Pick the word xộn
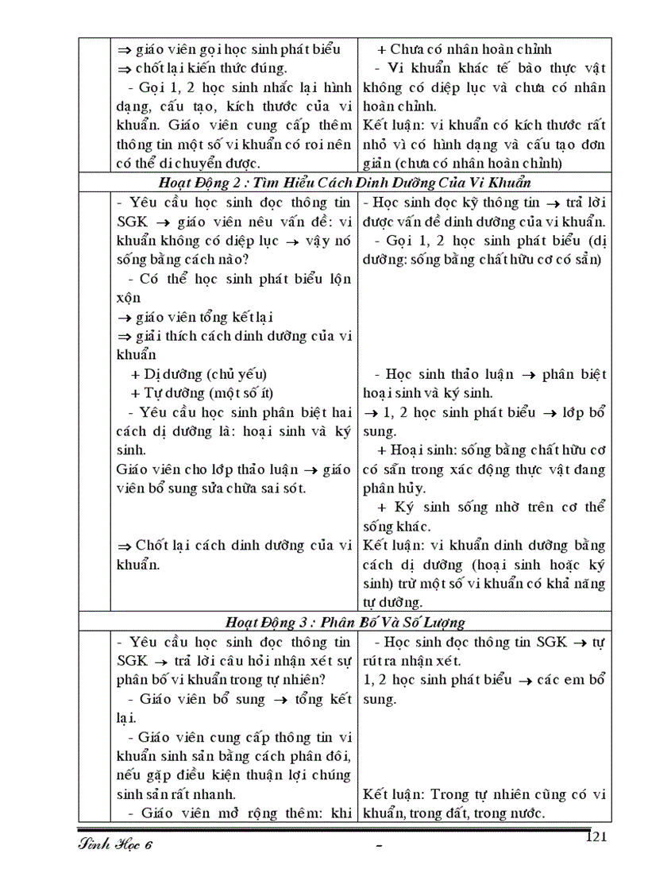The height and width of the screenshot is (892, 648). pos(129,297)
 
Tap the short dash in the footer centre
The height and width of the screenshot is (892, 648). pos(379,848)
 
